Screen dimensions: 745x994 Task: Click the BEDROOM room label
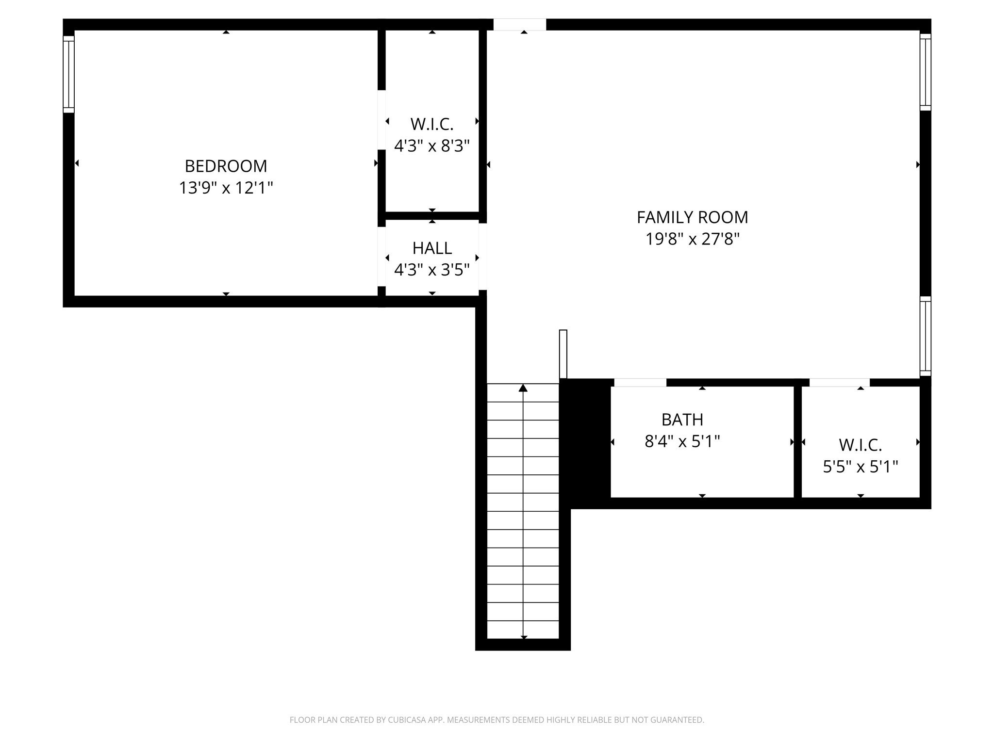(226, 166)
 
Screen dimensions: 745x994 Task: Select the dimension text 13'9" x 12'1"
(226, 188)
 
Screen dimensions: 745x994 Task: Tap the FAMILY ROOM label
(692, 217)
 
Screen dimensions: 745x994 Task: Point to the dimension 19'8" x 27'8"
(692, 239)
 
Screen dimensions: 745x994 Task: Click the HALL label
(432, 248)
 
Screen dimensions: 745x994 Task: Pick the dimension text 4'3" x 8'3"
(432, 146)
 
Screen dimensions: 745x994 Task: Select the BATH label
(682, 420)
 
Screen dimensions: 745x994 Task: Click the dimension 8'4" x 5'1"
(682, 441)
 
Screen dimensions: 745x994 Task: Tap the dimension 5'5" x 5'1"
(860, 467)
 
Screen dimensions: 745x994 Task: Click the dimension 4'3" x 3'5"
(432, 270)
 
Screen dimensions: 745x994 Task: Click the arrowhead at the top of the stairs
(523, 388)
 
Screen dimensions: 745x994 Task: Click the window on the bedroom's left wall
(68, 74)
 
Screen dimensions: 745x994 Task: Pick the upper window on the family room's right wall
(926, 72)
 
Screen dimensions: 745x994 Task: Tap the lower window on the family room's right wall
(926, 336)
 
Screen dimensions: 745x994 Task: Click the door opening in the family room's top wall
(519, 24)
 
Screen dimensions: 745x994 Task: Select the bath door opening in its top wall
(640, 383)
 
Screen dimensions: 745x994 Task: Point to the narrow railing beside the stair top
(563, 354)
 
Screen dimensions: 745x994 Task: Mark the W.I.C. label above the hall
(432, 124)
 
